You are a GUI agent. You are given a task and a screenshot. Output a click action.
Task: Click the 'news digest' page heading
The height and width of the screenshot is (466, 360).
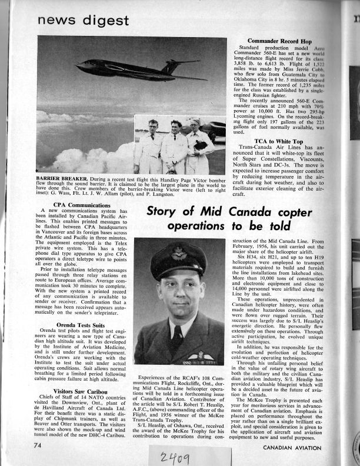point(82,21)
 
